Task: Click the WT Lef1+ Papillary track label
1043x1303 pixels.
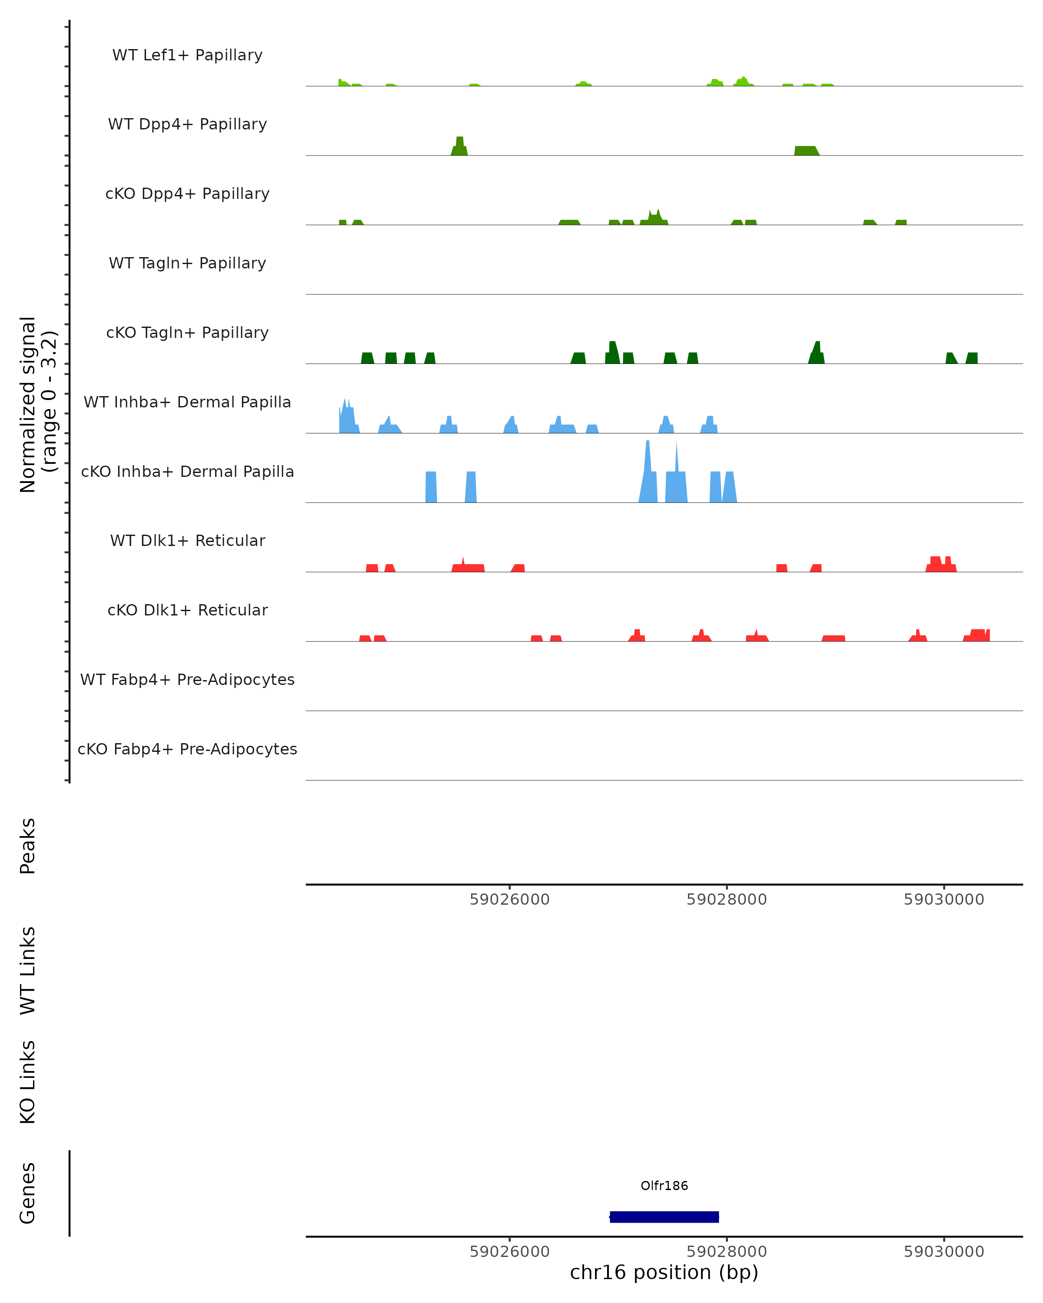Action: coord(187,55)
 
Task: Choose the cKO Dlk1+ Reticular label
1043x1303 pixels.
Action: coord(187,610)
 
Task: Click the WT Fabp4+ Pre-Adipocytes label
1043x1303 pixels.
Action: coord(187,679)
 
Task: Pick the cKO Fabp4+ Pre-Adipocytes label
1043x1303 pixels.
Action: coord(187,749)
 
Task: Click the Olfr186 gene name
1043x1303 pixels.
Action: coord(664,1185)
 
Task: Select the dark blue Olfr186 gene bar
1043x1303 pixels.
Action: coord(664,1217)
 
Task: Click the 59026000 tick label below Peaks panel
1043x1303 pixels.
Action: coord(510,900)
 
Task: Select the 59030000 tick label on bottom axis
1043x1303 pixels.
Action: coord(944,1252)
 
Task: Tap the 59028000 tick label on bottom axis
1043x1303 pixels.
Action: coord(726,1252)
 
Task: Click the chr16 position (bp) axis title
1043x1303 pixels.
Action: coord(664,1273)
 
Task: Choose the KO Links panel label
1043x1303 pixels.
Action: coord(28,1082)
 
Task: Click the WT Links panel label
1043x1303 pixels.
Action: coord(28,970)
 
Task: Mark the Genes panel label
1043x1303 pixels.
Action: coord(28,1193)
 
